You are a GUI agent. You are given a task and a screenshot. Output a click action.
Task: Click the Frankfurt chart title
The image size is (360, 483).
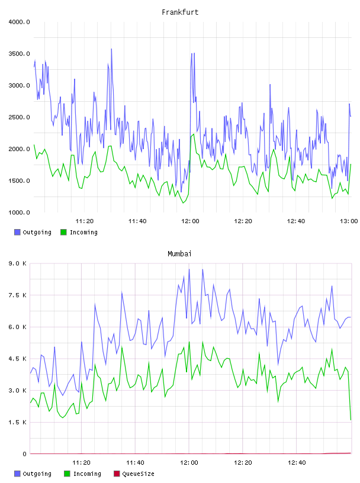tap(180, 12)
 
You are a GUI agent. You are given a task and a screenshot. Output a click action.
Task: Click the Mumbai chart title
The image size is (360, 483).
tap(179, 253)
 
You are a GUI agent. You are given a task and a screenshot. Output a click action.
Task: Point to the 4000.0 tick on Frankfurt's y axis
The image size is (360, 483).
tap(19, 22)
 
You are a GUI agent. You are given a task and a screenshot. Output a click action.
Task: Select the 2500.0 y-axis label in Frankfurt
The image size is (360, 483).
tap(19, 117)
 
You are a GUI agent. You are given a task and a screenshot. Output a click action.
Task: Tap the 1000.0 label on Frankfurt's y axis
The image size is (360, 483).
tap(19, 212)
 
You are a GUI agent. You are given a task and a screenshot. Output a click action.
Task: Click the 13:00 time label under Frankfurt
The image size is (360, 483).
tap(349, 221)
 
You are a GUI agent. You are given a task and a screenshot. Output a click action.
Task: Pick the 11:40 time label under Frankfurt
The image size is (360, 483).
tap(137, 221)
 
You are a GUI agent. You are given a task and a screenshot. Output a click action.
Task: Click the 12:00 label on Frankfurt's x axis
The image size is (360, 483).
tap(190, 221)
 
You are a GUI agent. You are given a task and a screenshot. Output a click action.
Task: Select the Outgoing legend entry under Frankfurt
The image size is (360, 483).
tap(33, 232)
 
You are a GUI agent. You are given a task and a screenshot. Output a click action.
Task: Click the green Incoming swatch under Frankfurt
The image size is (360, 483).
tap(63, 232)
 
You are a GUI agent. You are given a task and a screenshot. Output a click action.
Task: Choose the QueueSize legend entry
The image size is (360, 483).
tap(134, 474)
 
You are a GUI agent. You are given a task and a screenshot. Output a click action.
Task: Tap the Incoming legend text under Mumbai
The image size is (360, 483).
tap(87, 474)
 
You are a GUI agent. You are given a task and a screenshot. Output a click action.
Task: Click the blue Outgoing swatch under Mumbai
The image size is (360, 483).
tap(17, 474)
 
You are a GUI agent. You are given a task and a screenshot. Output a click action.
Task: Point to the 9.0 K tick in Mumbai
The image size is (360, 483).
tap(17, 263)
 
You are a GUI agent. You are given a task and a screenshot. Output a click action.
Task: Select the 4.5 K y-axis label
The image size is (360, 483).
tap(17, 359)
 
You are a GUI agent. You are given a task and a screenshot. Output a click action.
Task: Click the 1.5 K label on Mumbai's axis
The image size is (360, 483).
tap(17, 422)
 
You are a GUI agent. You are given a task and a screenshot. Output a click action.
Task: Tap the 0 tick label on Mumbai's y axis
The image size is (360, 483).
tap(24, 454)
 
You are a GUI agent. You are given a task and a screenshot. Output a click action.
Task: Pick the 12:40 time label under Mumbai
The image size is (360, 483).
tap(297, 462)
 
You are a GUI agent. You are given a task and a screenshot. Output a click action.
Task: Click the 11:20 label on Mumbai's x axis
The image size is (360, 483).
tap(81, 462)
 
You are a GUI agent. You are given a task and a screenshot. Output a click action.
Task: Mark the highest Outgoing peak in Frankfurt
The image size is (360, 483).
tap(111, 49)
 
